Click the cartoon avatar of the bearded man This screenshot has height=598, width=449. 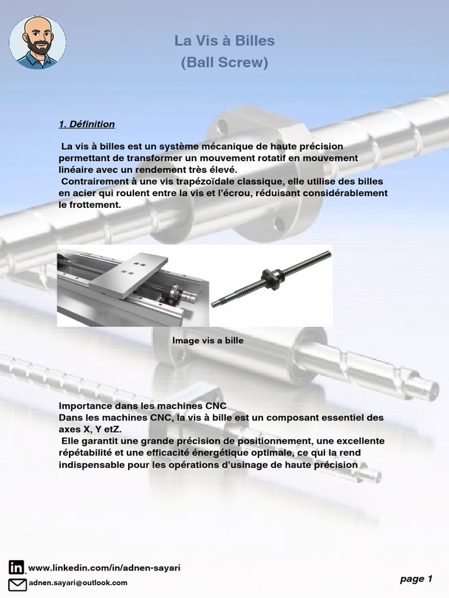pyautogui.click(x=37, y=42)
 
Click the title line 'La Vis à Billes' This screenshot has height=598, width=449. pyautogui.click(x=224, y=40)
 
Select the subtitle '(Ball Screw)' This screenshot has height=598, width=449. pyautogui.click(x=224, y=62)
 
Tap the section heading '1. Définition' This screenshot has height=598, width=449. pyautogui.click(x=87, y=124)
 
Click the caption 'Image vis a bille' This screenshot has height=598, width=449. pyautogui.click(x=208, y=340)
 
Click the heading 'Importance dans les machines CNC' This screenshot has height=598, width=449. pyautogui.click(x=143, y=406)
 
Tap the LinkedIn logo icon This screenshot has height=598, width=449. pyautogui.click(x=16, y=567)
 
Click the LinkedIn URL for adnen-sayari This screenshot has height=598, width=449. pyautogui.click(x=104, y=568)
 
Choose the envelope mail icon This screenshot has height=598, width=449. pyautogui.click(x=18, y=584)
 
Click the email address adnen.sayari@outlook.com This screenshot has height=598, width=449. pyautogui.click(x=78, y=583)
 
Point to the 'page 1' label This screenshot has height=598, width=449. pyautogui.click(x=416, y=579)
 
